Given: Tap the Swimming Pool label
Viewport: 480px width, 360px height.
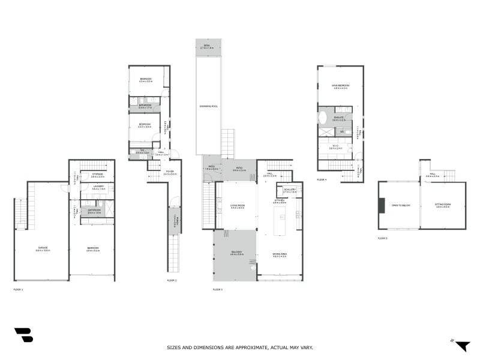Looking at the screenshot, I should point(209,106).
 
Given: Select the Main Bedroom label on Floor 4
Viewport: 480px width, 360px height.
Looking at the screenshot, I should point(341,86).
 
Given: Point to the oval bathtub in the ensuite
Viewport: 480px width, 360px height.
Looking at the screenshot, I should point(323,117).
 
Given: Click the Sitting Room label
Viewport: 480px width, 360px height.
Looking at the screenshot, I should point(443,204).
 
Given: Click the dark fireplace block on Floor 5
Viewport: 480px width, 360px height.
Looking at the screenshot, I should point(382,205).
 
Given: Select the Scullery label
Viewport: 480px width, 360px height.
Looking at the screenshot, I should point(290,190).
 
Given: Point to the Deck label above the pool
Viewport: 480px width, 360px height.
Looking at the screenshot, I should point(208,46).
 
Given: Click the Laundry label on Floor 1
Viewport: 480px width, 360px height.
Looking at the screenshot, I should point(98,187).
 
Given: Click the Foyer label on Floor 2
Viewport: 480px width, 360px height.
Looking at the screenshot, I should point(170,172).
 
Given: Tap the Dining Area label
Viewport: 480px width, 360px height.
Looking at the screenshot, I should point(280,255).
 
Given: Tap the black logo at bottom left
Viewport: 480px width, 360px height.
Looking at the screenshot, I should point(23,335).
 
